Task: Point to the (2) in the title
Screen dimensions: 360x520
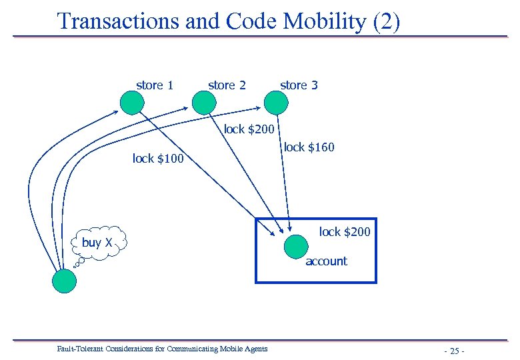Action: click(387, 21)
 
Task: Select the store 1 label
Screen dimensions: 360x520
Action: click(155, 85)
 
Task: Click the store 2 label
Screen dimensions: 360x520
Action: click(227, 85)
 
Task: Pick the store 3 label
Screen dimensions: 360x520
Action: click(299, 85)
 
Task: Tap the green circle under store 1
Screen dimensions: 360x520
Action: click(132, 103)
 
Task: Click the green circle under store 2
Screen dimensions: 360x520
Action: click(204, 103)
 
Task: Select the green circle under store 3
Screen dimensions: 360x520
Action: click(276, 103)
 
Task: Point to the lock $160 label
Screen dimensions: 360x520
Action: click(309, 147)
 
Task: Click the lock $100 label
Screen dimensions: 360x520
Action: click(158, 159)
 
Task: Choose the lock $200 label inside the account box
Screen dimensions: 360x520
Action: click(344, 232)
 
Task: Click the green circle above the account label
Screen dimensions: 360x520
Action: click(295, 247)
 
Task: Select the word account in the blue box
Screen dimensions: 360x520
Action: click(326, 261)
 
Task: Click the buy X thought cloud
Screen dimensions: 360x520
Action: click(97, 243)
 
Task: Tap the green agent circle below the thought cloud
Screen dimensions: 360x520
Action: click(65, 280)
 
